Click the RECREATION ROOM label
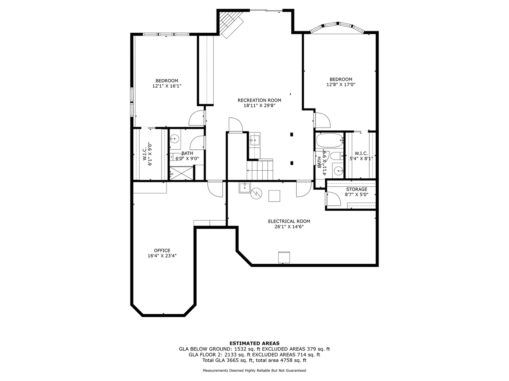(259, 101)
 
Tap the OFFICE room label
(162, 251)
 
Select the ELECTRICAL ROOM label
(289, 221)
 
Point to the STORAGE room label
(357, 189)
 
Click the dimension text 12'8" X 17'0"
(341, 85)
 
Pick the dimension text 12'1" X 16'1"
(167, 86)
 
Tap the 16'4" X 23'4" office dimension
(162, 256)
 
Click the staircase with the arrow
(260, 170)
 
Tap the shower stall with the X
(181, 173)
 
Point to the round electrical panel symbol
(256, 194)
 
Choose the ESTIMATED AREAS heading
(254, 343)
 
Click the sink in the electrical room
(245, 187)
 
